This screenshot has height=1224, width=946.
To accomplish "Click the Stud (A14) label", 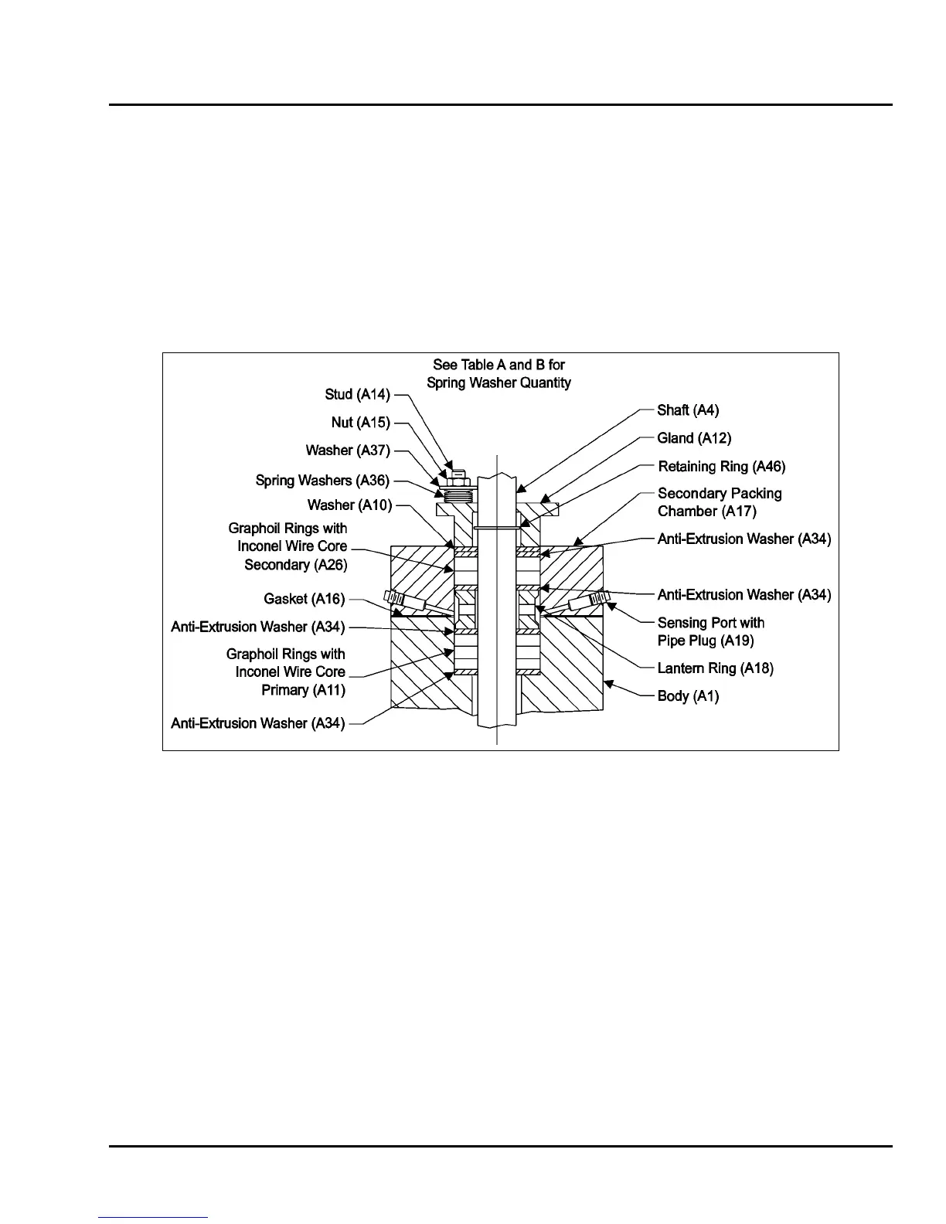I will pos(357,395).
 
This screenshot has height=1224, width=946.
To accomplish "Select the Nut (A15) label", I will pos(361,423).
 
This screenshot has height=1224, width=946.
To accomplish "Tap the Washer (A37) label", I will pos(348,450).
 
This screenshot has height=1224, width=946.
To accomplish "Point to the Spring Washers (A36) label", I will pos(322,481).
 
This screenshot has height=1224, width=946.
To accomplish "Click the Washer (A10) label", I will pos(349,505).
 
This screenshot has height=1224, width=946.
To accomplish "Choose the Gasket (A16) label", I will pos(304,599).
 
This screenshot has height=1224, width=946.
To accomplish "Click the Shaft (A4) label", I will pos(688,410).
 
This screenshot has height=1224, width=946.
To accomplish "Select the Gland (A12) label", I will pos(694,438).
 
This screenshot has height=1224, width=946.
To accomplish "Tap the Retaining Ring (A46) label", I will pos(721,467).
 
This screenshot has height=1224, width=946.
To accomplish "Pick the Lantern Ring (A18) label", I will pos(715,668).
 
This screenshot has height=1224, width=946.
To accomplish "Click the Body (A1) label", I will pos(688,696).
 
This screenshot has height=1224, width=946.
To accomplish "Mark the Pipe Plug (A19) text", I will pos(706,641).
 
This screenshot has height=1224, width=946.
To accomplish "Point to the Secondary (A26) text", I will pos(296,565).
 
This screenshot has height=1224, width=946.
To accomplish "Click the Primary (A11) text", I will pos(303,690).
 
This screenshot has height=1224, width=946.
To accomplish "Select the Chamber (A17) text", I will pos(706,512).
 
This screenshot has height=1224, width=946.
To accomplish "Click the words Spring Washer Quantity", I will pos(499,383).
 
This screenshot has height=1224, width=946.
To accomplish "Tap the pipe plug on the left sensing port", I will pos(395,598).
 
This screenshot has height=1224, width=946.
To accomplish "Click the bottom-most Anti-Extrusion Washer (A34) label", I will pos(258,724).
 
